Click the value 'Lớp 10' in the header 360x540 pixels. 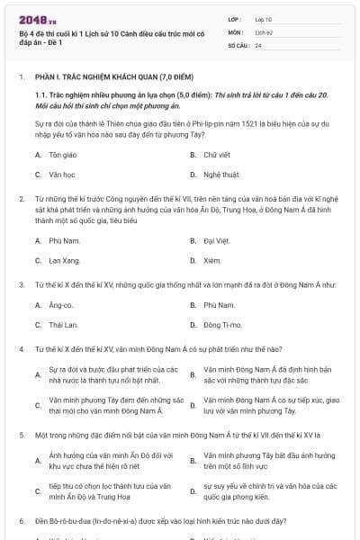click(264, 19)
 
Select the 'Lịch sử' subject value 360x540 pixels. click(264, 31)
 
